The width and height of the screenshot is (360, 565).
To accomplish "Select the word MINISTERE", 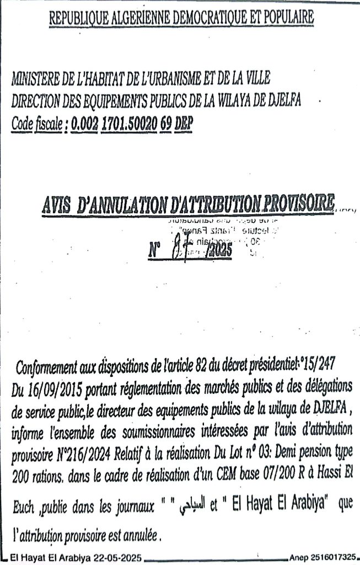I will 35,79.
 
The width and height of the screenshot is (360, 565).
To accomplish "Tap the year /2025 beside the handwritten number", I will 218,252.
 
